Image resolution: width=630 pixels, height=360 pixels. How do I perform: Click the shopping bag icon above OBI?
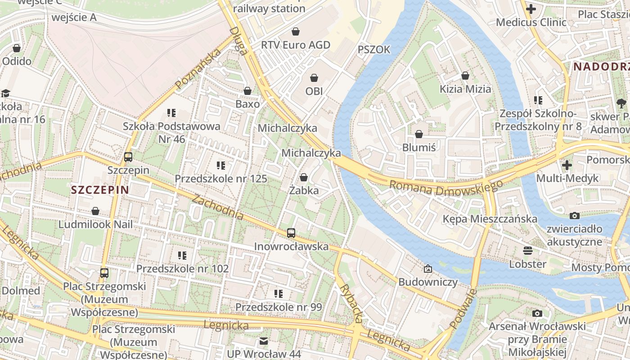(314, 78)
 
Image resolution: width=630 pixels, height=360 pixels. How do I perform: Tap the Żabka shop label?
(304, 190)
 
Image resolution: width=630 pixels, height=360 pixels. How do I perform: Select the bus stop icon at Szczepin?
(128, 157)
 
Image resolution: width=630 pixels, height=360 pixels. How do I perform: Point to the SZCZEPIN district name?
(100, 190)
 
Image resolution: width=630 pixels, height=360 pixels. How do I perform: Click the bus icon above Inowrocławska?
(291, 233)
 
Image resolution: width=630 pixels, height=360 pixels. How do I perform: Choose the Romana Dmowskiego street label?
(445, 188)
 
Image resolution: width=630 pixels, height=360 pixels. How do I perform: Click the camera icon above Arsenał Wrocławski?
(537, 313)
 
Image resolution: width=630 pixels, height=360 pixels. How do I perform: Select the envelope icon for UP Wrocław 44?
(264, 341)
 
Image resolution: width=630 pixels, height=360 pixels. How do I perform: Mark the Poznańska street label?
(198, 69)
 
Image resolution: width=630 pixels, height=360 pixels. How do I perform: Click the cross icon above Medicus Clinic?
(531, 9)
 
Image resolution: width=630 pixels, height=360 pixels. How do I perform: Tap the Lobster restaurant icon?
(527, 251)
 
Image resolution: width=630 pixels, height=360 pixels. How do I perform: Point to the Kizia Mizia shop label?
(465, 89)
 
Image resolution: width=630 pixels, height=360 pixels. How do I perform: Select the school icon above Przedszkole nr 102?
(182, 256)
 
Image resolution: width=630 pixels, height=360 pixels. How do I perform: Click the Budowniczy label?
(427, 282)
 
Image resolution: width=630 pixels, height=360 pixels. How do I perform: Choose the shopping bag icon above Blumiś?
(419, 134)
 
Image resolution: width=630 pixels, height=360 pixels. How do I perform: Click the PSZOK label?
(374, 49)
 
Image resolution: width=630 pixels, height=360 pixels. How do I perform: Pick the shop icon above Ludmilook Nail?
(95, 211)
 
